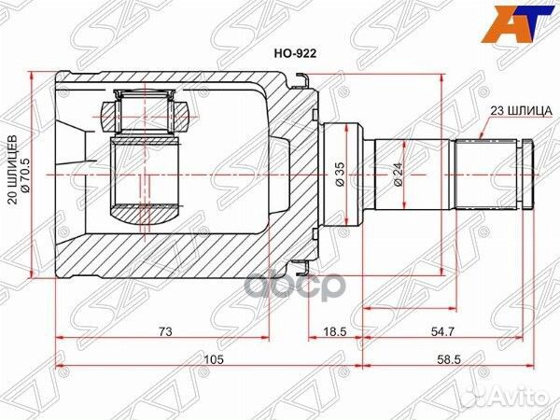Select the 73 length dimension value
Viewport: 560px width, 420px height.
click(163, 331)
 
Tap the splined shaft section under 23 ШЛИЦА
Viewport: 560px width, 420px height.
click(485, 174)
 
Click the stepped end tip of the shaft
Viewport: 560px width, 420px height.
click(528, 174)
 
